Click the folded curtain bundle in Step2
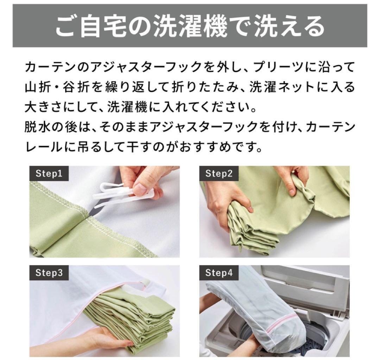click(x=246, y=227)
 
